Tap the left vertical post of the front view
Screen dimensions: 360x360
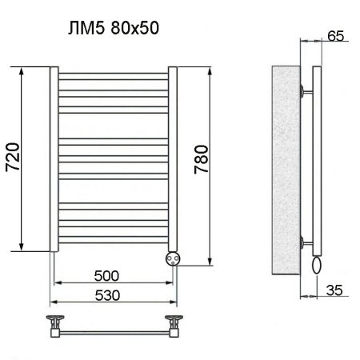point(54,160)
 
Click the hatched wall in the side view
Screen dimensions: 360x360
point(284,168)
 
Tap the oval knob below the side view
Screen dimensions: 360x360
point(318,264)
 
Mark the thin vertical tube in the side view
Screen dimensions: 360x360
point(318,160)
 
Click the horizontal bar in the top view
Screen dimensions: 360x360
point(114,329)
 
